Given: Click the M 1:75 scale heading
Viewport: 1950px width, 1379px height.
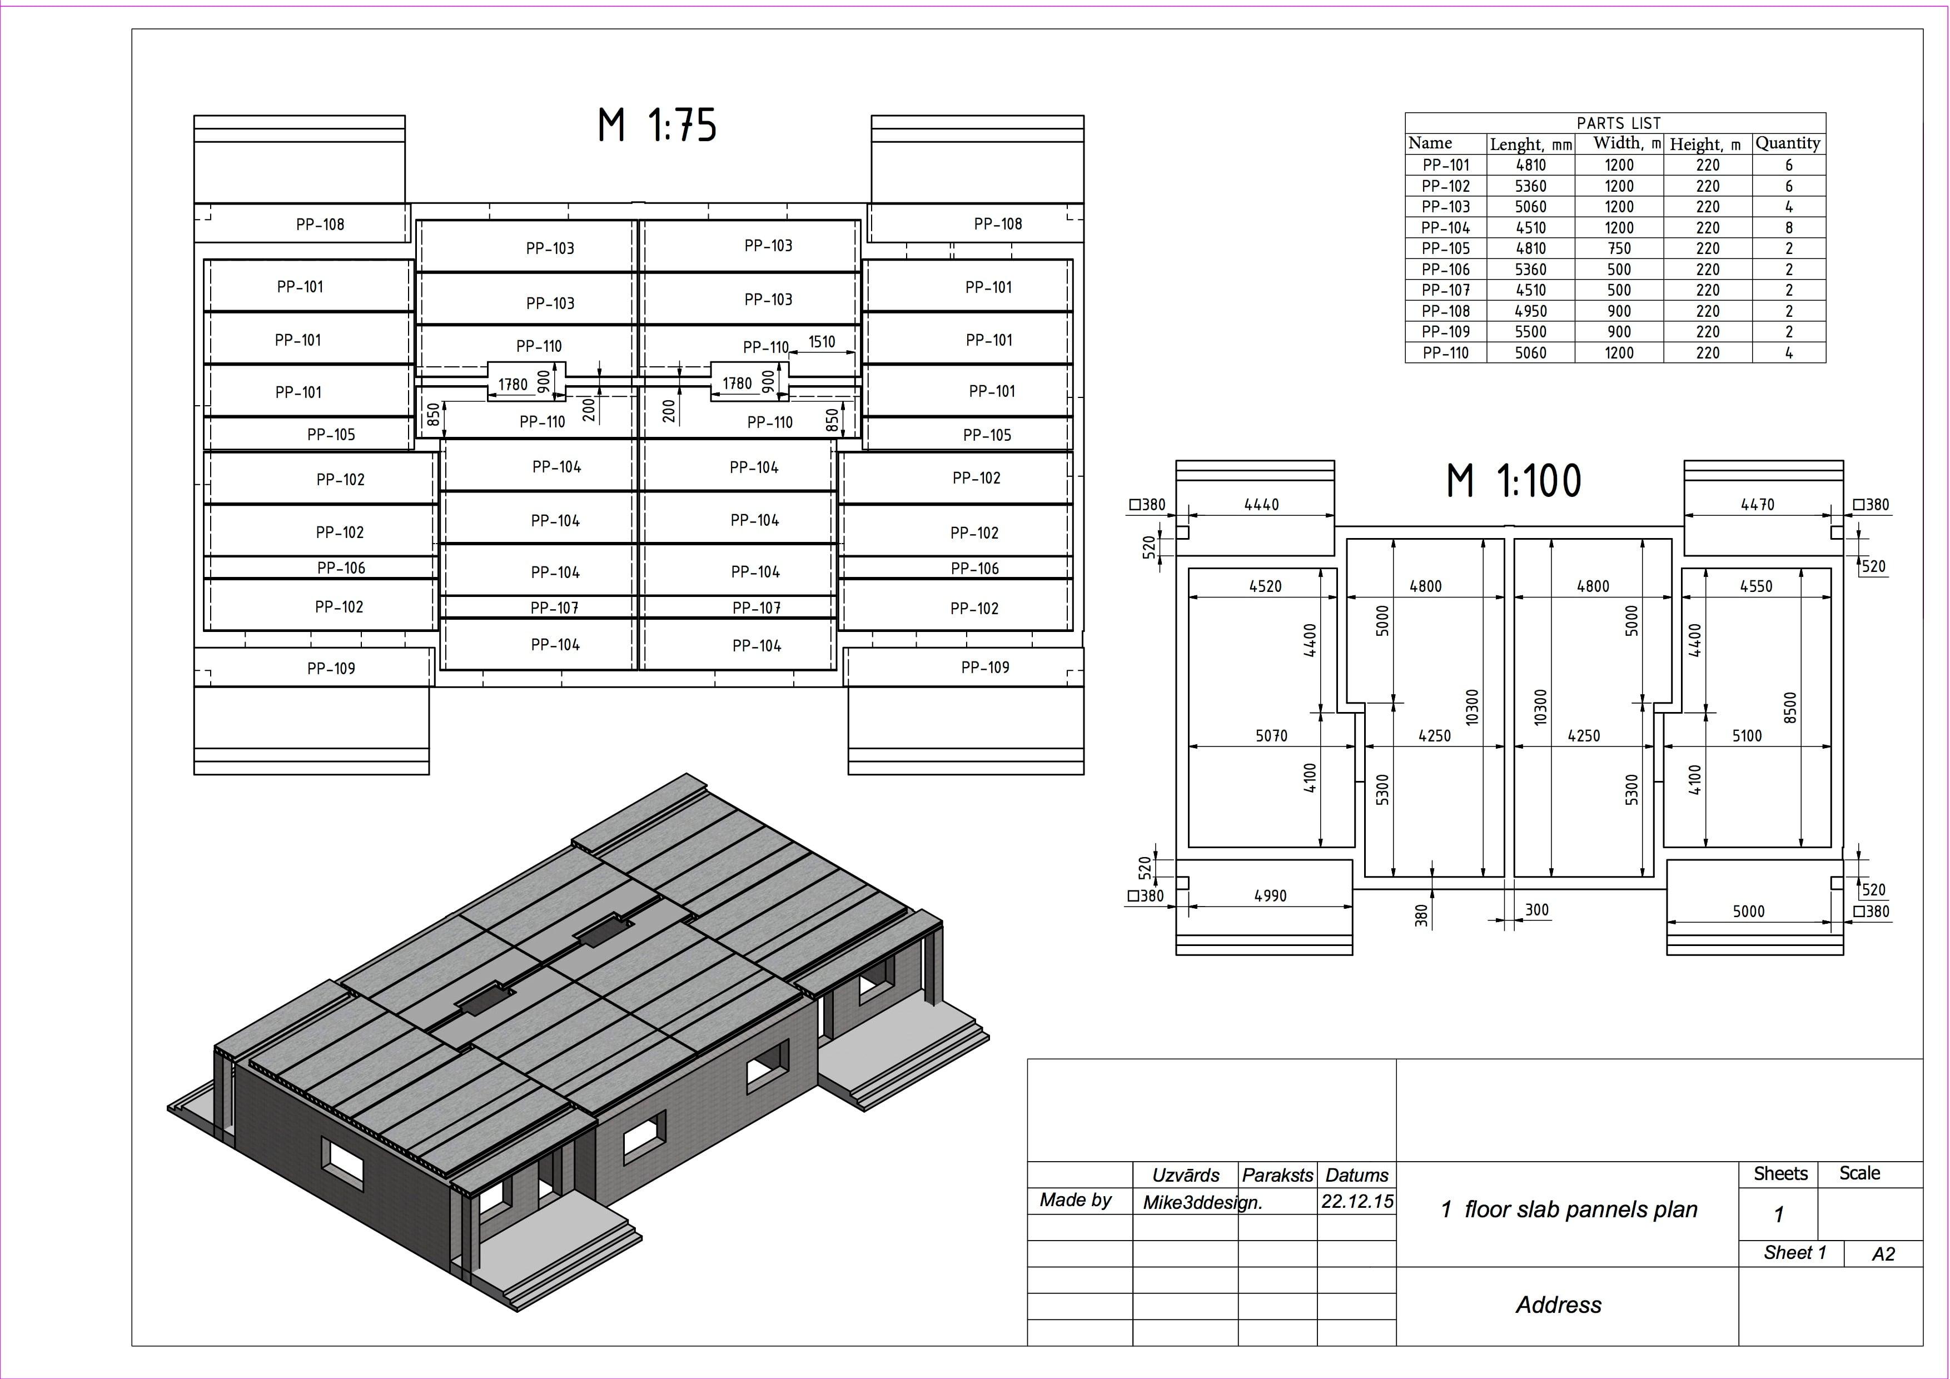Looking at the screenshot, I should tap(658, 125).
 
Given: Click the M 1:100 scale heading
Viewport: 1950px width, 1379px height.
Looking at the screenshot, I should tap(1514, 481).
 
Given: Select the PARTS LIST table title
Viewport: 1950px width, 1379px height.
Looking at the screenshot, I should tap(1618, 123).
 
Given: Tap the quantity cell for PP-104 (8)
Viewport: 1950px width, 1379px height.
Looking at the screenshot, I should tap(1789, 227).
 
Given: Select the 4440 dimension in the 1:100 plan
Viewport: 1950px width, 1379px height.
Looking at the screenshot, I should tap(1261, 504).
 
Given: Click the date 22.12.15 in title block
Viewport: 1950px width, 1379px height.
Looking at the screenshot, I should tap(1356, 1202).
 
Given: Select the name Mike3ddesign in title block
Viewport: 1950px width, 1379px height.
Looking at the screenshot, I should tap(1202, 1202).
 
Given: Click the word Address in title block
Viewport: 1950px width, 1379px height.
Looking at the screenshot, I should tap(1559, 1305).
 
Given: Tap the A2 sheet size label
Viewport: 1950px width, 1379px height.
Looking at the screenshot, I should tap(1883, 1254).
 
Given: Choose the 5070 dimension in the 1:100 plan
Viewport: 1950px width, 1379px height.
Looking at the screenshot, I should tap(1271, 736).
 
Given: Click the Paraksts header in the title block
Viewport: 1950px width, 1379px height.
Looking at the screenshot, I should tap(1277, 1175).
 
